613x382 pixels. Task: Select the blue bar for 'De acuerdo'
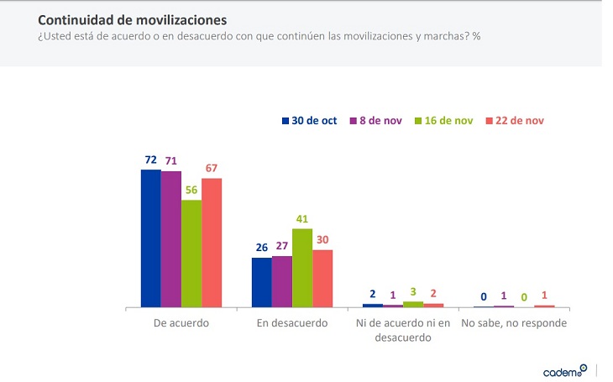pyautogui.click(x=150, y=238)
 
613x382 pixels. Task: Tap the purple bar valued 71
pyautogui.click(x=170, y=239)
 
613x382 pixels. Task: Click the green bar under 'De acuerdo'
pyautogui.click(x=191, y=254)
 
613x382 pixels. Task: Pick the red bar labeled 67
pyautogui.click(x=212, y=243)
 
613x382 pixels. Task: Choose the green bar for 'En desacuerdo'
pyautogui.click(x=302, y=268)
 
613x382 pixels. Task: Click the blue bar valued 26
pyautogui.click(x=262, y=282)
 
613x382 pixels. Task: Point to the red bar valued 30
pyautogui.click(x=322, y=279)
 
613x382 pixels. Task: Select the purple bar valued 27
pyautogui.click(x=282, y=281)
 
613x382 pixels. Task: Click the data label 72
pyautogui.click(x=150, y=159)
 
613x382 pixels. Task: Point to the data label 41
pyautogui.click(x=302, y=218)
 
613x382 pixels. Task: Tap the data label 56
pyautogui.click(x=191, y=190)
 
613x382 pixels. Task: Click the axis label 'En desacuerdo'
pyautogui.click(x=292, y=323)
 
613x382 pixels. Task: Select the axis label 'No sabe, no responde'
pyautogui.click(x=514, y=323)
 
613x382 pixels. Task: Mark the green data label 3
pyautogui.click(x=413, y=291)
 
